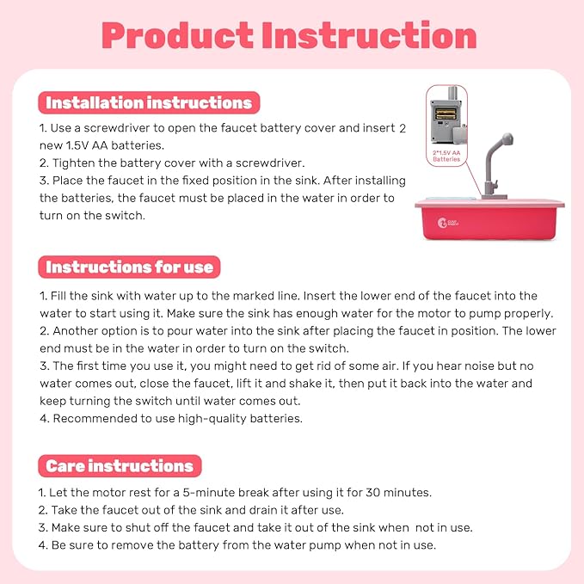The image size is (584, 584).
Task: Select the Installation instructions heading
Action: (148, 103)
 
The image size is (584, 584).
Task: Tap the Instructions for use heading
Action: (129, 267)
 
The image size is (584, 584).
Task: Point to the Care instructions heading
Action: (120, 466)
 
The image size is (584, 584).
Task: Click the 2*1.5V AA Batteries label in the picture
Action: (446, 156)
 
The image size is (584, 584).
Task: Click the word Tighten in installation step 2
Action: (74, 163)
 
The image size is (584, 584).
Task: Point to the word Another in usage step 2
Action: (76, 331)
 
